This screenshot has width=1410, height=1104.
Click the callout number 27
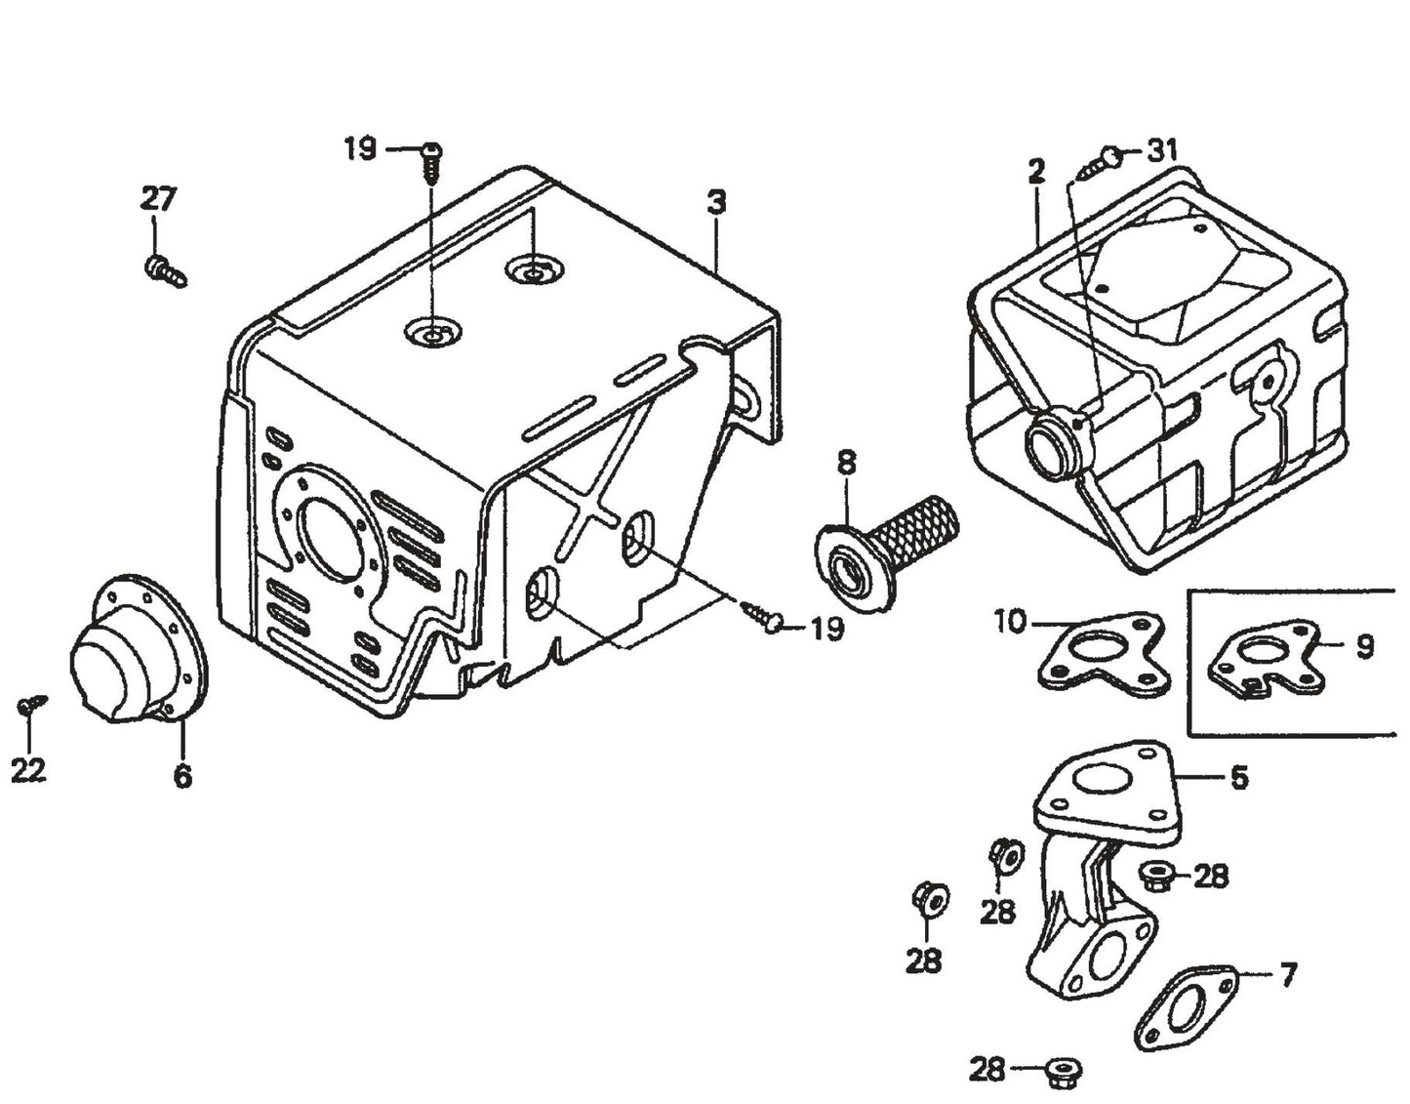[157, 199]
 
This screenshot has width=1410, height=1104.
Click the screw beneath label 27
[164, 270]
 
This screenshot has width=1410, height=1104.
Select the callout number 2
[1035, 173]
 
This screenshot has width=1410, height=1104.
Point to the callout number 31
[1161, 150]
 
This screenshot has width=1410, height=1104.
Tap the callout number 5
[1238, 778]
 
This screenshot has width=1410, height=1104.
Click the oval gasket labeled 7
[1187, 1003]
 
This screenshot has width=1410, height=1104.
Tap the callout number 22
[28, 771]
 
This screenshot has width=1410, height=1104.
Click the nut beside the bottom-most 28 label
[1060, 1071]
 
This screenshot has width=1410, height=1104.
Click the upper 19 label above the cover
[359, 149]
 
